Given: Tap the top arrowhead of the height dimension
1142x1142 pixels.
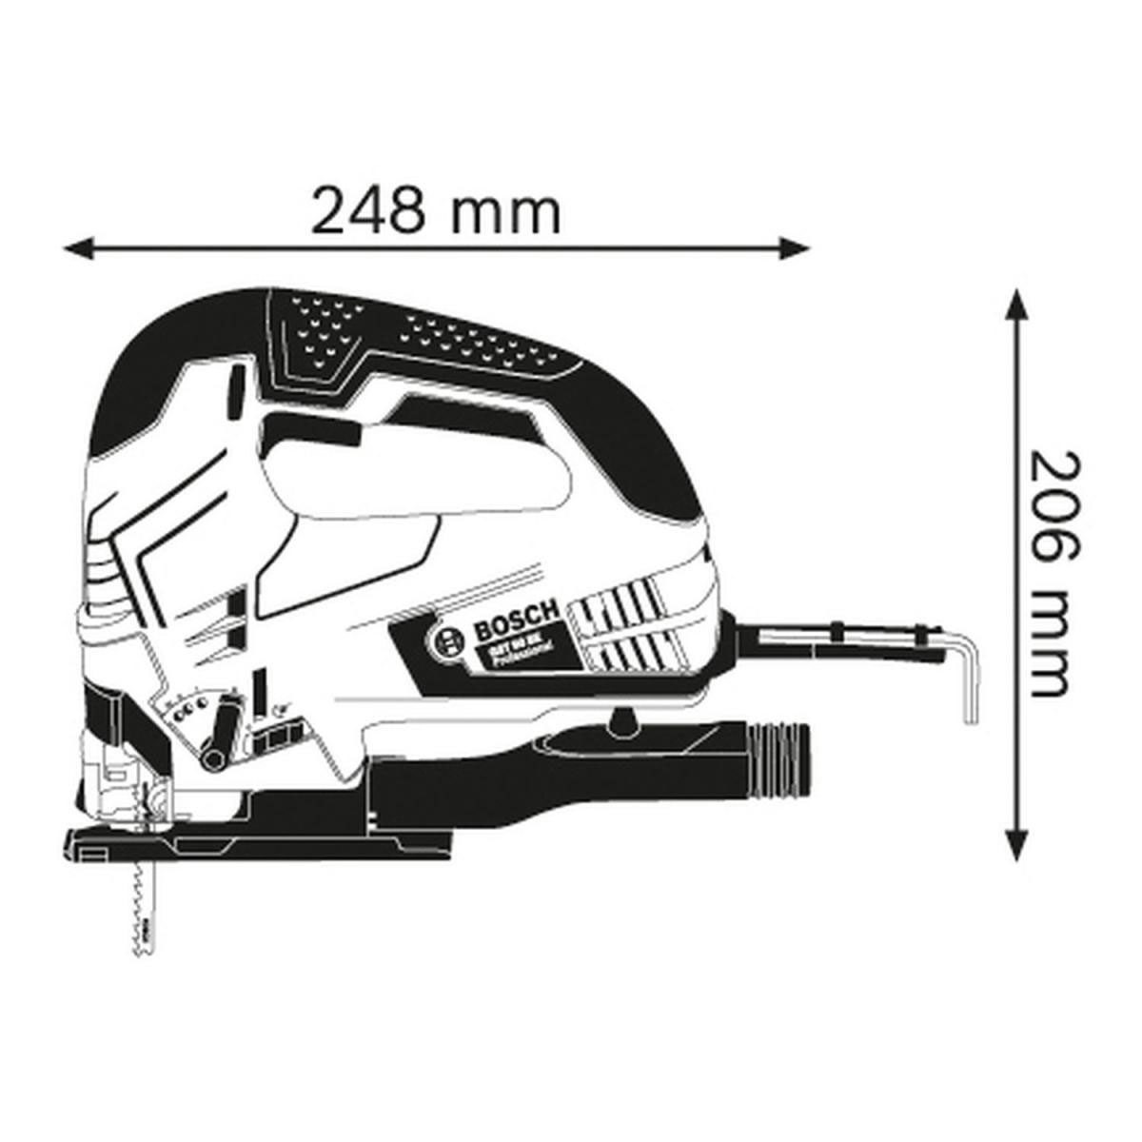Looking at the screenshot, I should pyautogui.click(x=1017, y=306).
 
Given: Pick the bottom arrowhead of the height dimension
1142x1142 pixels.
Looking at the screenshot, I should pyautogui.click(x=1017, y=844).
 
